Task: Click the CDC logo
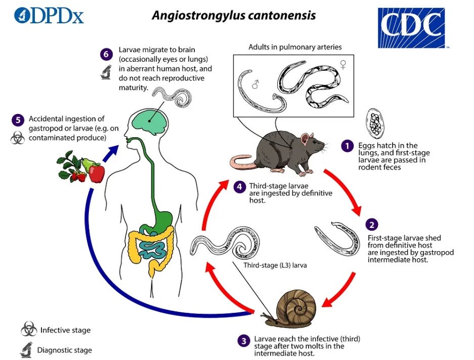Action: point(411,27)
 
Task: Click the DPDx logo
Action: point(49,15)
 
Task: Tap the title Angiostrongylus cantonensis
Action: point(234,15)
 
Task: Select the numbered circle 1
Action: point(347,146)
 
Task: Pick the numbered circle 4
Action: point(239,187)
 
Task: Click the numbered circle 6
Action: point(106,54)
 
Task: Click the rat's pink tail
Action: point(242,163)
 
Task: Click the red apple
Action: point(97,173)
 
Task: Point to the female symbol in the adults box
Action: point(343,64)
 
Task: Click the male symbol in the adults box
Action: point(256,85)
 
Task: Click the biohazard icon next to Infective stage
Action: point(29,329)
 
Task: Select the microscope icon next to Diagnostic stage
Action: point(27,349)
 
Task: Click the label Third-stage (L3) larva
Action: point(275,265)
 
